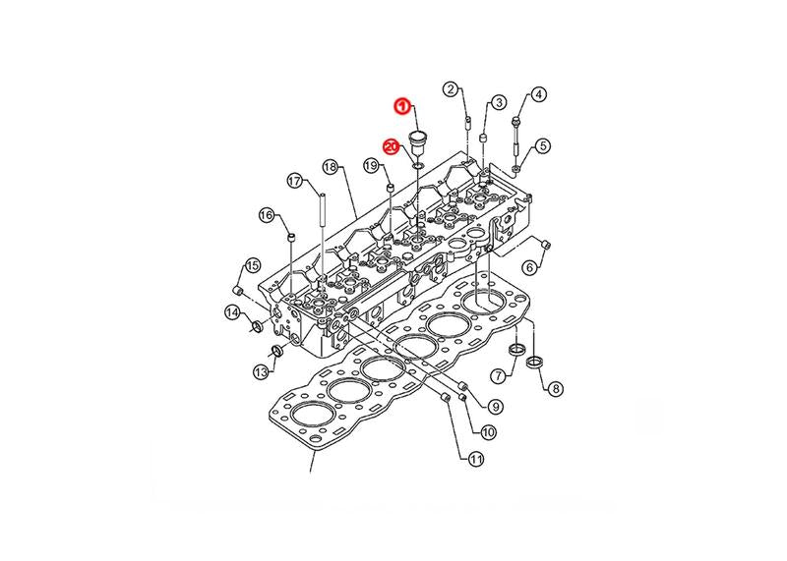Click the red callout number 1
click(402, 106)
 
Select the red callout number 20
click(391, 147)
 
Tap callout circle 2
click(451, 89)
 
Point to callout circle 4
click(538, 94)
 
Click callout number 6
click(530, 267)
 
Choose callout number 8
click(555, 388)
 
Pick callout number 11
click(475, 458)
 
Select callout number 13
click(261, 372)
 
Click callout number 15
click(252, 264)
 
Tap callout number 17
click(295, 181)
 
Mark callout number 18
click(330, 167)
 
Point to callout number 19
click(371, 165)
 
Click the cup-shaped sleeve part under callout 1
click(417, 143)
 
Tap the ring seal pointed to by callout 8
click(535, 361)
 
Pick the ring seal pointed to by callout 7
click(516, 349)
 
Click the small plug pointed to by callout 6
click(546, 246)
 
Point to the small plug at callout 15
click(238, 290)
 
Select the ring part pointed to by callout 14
click(258, 327)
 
